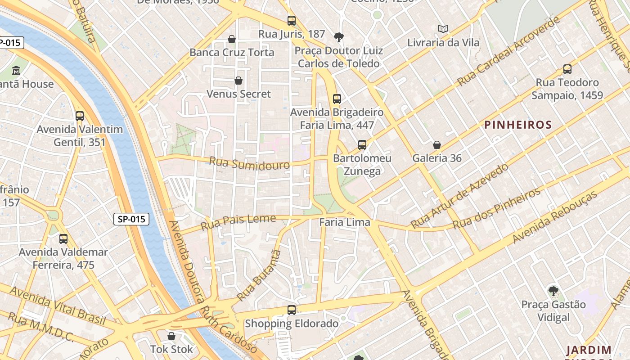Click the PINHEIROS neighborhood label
tap(518, 125)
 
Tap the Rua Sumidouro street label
tap(249, 163)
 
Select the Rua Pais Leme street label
tap(238, 221)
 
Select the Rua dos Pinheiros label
tap(496, 208)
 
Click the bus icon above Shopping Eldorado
tap(292, 310)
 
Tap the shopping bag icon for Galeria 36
tap(436, 145)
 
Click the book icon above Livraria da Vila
tap(443, 29)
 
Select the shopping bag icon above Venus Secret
tap(238, 81)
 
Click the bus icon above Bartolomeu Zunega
tap(362, 145)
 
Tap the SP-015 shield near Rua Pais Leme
tap(131, 219)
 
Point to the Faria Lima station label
tap(345, 222)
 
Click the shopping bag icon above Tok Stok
tap(171, 336)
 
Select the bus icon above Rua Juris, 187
tap(292, 20)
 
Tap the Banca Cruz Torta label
tap(232, 52)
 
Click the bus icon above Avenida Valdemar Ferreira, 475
tap(63, 239)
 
